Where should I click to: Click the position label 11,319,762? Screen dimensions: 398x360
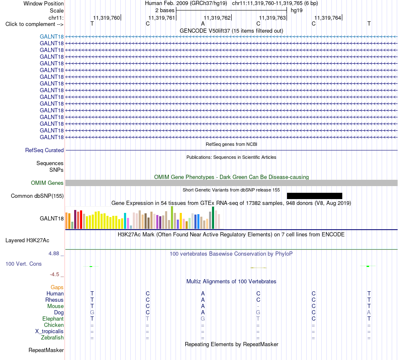tap(217, 18)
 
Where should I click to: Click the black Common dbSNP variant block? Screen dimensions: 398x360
tap(315, 196)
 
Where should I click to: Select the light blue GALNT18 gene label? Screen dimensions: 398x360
tap(52, 36)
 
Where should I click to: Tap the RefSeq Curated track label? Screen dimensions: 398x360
tap(44, 150)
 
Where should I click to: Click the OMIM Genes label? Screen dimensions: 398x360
tap(47, 183)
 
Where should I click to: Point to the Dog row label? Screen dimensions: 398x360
tap(59, 313)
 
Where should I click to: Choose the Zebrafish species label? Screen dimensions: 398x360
tap(52, 338)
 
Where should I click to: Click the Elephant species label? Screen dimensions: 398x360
tap(53, 319)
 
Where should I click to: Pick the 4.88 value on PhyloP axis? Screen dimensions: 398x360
tap(54, 254)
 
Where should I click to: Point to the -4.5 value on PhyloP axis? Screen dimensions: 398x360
tap(54, 275)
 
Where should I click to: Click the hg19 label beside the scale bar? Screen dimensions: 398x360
tap(297, 10)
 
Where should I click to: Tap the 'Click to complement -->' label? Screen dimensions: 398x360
tap(34, 24)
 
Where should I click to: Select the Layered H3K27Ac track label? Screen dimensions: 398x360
tap(27, 241)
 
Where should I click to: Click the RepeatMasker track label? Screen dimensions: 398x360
tap(46, 350)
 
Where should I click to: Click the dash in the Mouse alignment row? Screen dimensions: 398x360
tap(258, 306)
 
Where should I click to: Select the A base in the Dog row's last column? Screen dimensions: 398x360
tap(369, 313)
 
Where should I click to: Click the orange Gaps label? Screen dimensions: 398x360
tap(57, 287)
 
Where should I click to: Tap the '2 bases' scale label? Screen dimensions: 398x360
tap(165, 10)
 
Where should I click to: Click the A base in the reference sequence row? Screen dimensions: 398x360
tap(203, 24)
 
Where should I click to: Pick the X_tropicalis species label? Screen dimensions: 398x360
tap(49, 332)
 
